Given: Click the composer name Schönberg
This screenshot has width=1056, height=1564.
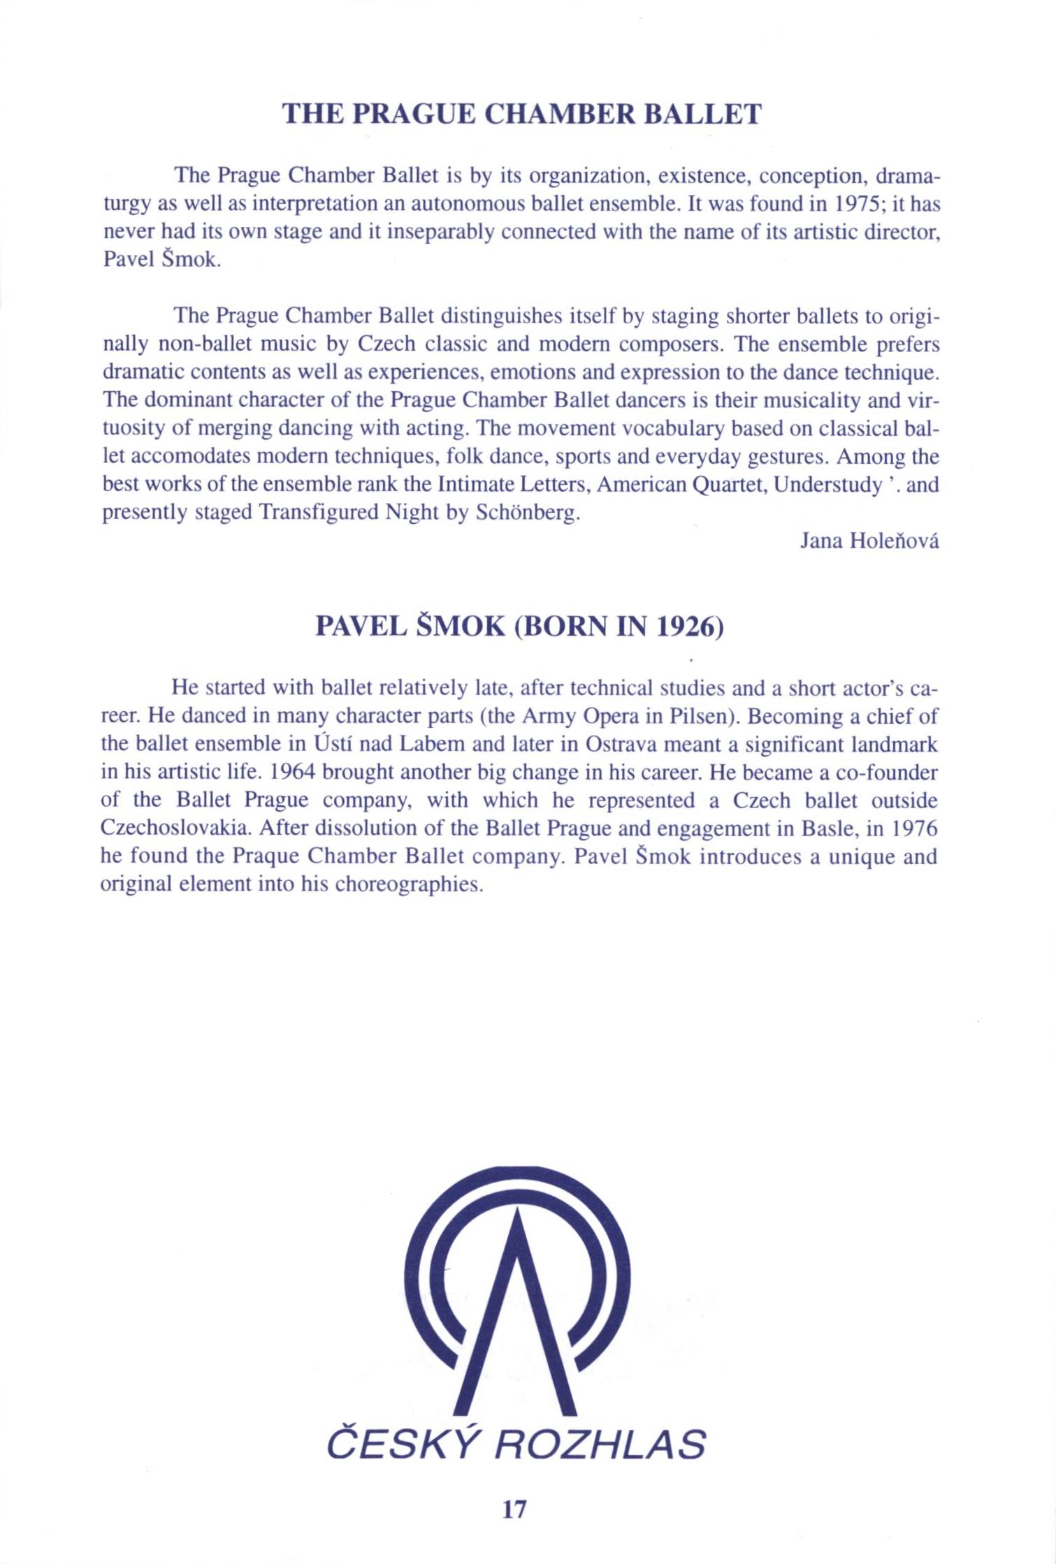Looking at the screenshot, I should coord(528,513).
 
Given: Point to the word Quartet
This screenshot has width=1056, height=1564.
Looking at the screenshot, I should coord(728,485).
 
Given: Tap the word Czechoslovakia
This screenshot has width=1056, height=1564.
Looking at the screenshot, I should coord(178,828).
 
